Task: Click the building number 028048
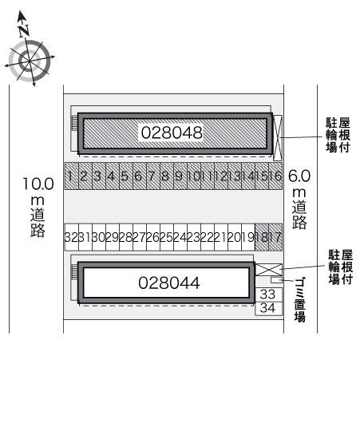point(172,132)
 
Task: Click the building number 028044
point(169,283)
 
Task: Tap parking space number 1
point(72,176)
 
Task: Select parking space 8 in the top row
point(167,176)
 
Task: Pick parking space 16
point(275,176)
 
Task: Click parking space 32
point(72,237)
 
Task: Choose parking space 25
point(167,237)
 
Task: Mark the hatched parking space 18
point(262,237)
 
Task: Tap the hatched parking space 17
point(275,237)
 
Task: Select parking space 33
point(268,295)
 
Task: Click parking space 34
point(268,308)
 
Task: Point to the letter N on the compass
point(24,30)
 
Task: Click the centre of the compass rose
point(30,61)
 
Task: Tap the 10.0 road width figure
point(38,184)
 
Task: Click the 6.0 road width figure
point(299,176)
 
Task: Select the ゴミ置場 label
point(300,299)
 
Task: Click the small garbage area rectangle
point(276,280)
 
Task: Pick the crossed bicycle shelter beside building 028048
point(278,138)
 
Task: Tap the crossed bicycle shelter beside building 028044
point(268,270)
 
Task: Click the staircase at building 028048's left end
point(74,123)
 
